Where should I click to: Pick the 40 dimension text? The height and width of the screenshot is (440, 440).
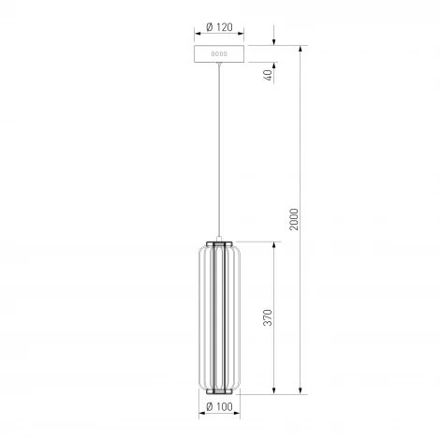pos(267,76)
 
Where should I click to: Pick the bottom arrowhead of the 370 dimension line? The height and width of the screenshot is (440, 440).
pos(273,390)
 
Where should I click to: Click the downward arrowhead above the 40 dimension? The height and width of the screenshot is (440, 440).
pos(273,41)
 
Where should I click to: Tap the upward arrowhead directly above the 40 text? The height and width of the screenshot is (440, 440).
pos(273,67)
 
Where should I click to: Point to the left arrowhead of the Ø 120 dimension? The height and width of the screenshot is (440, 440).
pos(198,37)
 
